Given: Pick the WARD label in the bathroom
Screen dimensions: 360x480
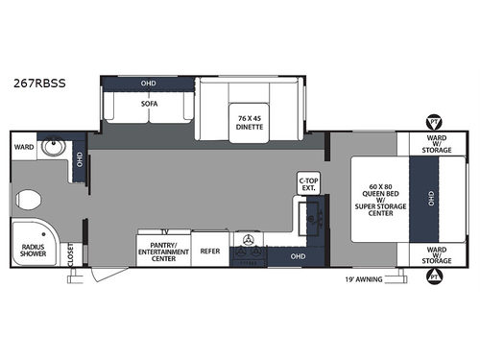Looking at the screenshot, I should coord(24,147).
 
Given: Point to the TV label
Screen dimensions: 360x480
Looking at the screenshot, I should coord(165,232).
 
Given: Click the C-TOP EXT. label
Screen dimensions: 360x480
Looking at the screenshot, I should coord(309,182).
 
